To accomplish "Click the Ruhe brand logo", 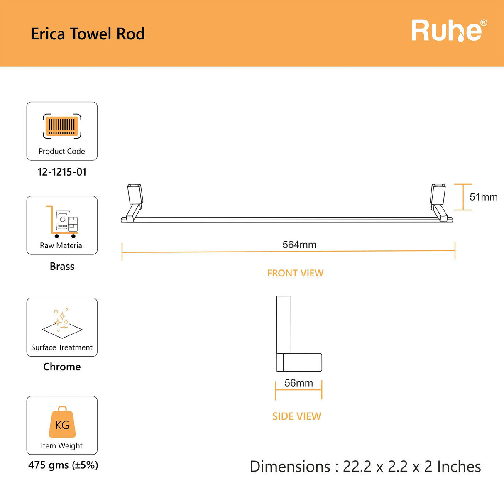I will [x=447, y=31].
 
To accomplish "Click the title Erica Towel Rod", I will [x=88, y=34].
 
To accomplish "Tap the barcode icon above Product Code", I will [x=62, y=126].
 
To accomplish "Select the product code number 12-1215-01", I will [x=62, y=172].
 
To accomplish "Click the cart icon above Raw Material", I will [x=62, y=222].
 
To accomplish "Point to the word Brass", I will [x=62, y=267].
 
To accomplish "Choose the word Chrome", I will [x=62, y=367].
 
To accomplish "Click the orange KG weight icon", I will [x=62, y=423].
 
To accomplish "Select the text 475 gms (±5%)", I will [x=63, y=465].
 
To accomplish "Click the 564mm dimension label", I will [x=299, y=245].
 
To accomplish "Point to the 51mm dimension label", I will [x=483, y=197].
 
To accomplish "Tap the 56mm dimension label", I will [x=298, y=383].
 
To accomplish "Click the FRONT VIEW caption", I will [x=295, y=273].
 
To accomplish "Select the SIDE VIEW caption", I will [x=296, y=416].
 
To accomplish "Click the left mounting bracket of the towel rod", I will [x=134, y=201].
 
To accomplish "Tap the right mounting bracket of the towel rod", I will [x=438, y=201].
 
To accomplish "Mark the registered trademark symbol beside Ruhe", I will [x=484, y=23].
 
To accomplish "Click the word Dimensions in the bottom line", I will [x=290, y=467].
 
